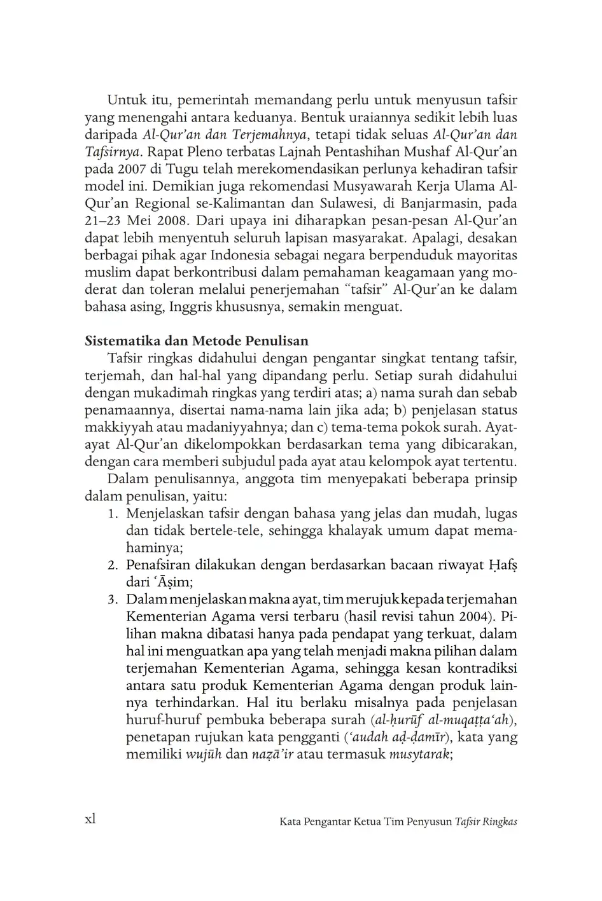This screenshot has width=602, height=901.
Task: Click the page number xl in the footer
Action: pos(90,819)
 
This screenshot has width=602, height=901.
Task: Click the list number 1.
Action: pos(112,514)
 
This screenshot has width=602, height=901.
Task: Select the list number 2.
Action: pos(112,565)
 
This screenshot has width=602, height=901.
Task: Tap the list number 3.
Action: pos(112,600)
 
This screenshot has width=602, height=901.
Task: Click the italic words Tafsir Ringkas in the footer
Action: pos(486,822)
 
